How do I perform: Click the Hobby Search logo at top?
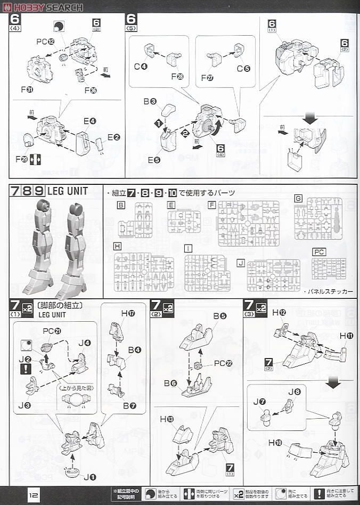(43, 7)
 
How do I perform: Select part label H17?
(128, 314)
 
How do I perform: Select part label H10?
(275, 442)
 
